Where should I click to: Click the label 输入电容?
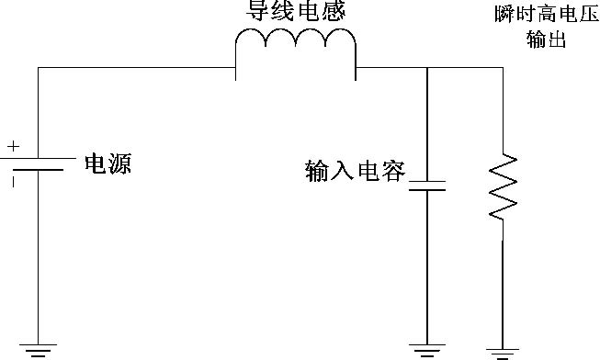tap(355, 171)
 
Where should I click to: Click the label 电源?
tap(108, 164)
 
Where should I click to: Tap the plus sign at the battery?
tap(14, 145)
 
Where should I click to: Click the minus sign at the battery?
tap(14, 181)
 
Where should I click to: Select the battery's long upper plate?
tap(38, 157)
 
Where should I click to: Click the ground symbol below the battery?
tap(38, 348)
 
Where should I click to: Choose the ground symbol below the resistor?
tap(503, 350)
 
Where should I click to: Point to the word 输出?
tap(543, 39)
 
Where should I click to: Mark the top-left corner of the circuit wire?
tap(38, 66)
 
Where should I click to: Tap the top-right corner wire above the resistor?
tap(503, 66)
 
